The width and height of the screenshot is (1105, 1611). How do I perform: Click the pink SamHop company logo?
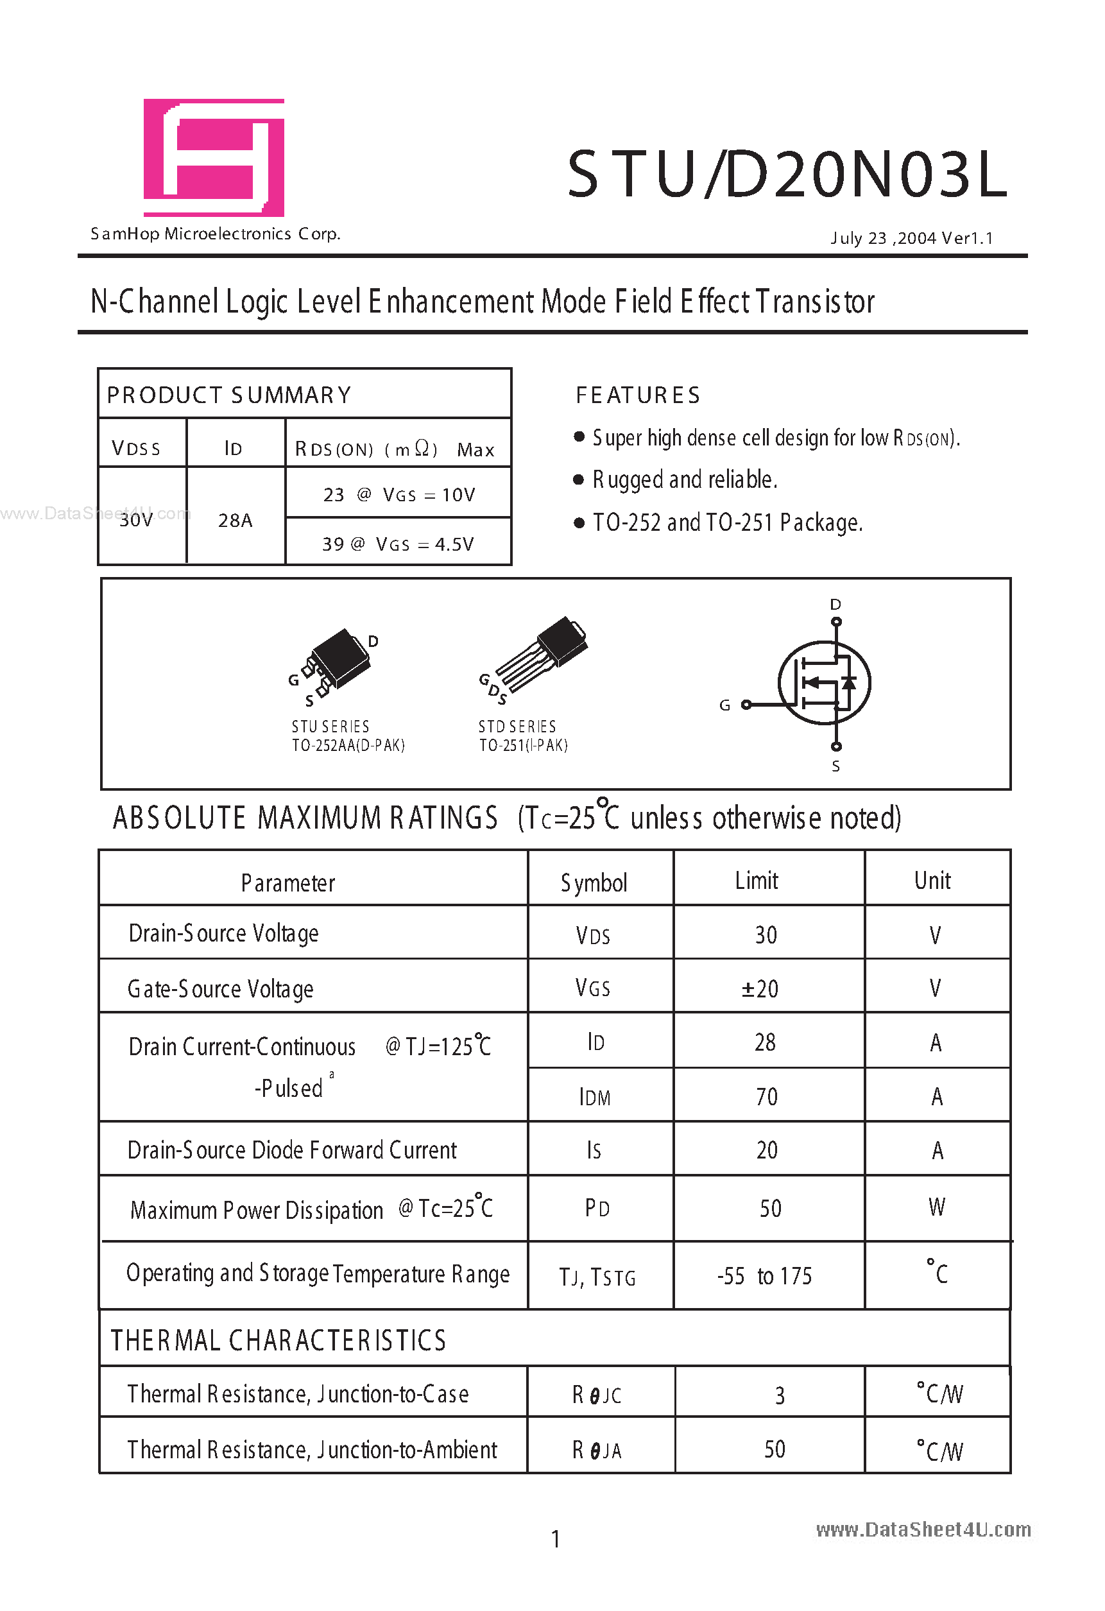[x=214, y=157]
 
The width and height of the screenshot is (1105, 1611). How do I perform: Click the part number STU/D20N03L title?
[x=787, y=175]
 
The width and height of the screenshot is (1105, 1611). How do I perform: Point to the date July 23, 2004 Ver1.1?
[x=912, y=239]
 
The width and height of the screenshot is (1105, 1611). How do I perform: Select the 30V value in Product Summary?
[x=136, y=520]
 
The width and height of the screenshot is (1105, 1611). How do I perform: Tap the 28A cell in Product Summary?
[x=235, y=520]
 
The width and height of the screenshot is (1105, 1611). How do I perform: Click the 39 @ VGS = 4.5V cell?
[x=398, y=544]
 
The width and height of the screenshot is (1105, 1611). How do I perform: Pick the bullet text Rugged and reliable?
[x=684, y=479]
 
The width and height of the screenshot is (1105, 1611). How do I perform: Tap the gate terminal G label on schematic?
[x=724, y=705]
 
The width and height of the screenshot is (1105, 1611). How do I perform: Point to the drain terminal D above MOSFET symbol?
[x=835, y=605]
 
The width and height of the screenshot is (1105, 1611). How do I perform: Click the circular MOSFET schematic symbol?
[x=823, y=683]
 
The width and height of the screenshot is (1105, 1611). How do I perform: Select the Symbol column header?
[x=594, y=883]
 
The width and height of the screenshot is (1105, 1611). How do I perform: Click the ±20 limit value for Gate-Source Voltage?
[x=760, y=988]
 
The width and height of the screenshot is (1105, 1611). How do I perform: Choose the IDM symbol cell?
[x=595, y=1098]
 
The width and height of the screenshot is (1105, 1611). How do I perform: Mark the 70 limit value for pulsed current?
[x=766, y=1097]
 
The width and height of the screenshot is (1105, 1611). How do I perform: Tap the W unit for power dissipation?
[x=936, y=1207]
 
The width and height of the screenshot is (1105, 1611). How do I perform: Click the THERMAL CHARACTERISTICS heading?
[x=278, y=1341]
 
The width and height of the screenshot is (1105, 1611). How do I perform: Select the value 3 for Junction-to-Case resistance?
[x=779, y=1395]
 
